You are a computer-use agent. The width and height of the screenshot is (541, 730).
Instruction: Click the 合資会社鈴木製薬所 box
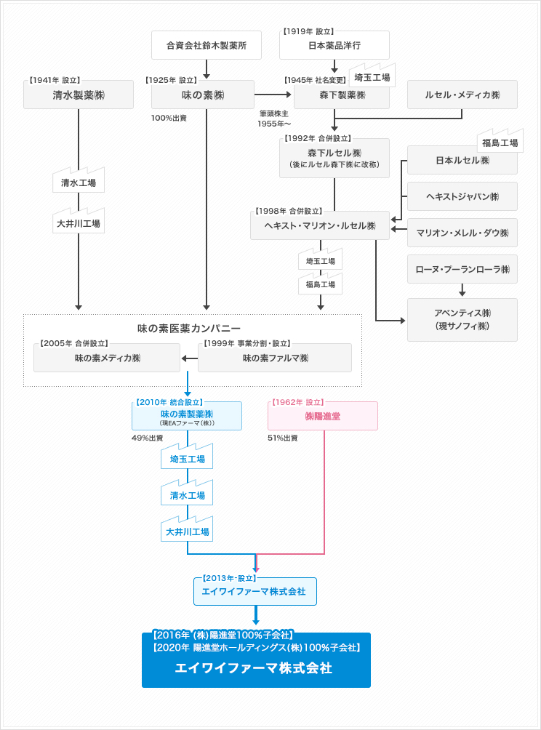207,45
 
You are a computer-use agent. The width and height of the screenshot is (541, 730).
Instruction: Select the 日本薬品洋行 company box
334,45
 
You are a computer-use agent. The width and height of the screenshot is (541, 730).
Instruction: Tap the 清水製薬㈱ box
79,95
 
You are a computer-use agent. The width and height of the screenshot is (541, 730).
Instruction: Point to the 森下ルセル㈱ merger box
334,159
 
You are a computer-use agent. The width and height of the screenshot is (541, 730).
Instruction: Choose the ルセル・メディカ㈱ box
462,95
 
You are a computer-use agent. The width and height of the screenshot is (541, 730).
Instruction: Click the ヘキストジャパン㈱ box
462,196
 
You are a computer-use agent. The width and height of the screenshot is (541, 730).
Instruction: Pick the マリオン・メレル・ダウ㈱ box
462,233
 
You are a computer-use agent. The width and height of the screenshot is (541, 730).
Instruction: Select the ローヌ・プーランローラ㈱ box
462,269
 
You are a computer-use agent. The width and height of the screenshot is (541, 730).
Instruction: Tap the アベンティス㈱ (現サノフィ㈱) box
462,320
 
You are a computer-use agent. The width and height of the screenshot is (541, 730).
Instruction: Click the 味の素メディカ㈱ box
107,358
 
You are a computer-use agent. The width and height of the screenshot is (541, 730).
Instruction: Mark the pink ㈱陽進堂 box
323,416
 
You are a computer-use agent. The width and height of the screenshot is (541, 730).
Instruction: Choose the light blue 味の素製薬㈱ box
187,416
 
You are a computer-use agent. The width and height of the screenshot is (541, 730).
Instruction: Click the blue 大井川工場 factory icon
187,529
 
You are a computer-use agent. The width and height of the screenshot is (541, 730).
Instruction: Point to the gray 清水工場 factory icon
79,180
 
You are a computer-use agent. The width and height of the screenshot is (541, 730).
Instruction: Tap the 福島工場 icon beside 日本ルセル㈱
500,140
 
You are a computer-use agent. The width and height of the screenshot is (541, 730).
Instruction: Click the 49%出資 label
147,438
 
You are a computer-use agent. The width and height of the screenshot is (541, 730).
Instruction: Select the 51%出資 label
283,438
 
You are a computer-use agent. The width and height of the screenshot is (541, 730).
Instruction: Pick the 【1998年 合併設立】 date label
289,211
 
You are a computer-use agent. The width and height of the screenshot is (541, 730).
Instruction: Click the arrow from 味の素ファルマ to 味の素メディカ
190,358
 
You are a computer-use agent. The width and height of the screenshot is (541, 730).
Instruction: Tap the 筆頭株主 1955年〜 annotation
274,119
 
